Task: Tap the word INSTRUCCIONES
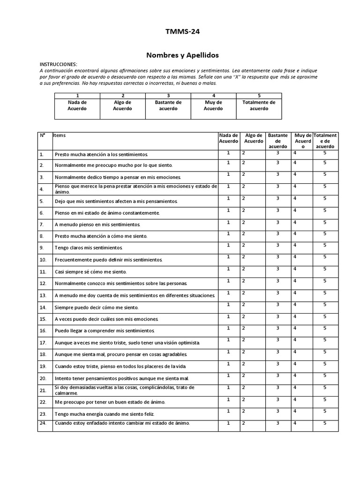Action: (58, 64)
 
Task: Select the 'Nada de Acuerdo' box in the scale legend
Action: (77, 105)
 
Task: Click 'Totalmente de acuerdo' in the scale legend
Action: (259, 105)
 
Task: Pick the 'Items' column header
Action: (60, 135)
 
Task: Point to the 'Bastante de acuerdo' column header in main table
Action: (277, 141)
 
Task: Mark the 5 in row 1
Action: (324, 153)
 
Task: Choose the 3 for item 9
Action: (277, 245)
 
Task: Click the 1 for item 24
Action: (229, 423)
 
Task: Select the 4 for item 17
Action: (295, 340)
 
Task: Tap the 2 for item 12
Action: (243, 281)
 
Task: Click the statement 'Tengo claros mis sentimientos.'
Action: (89, 247)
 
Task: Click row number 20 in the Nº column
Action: (43, 378)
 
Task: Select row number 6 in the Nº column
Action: (42, 213)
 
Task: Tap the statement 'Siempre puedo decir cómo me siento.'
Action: (97, 307)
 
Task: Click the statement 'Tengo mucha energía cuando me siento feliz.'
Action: (105, 414)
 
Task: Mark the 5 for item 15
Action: (324, 316)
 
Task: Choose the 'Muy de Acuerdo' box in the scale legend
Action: (213, 105)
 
